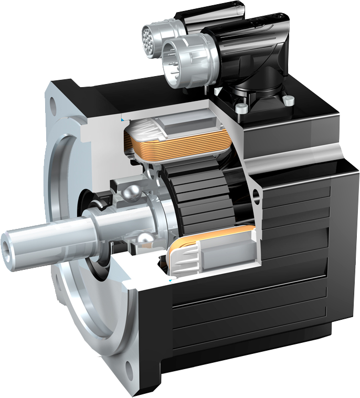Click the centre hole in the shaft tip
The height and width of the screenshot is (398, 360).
(8, 245)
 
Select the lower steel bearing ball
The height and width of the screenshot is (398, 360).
(143, 240)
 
